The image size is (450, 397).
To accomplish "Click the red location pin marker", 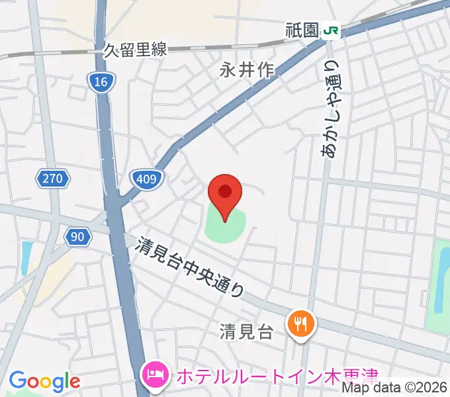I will (x=225, y=194).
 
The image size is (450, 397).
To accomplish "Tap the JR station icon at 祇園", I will (x=331, y=30).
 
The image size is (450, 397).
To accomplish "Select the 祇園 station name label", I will (x=302, y=30).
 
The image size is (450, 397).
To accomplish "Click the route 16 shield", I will (x=101, y=82).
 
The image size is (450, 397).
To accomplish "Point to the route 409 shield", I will (x=143, y=178).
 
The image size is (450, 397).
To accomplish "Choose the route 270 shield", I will (x=51, y=178).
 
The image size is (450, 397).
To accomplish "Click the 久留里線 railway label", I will (x=136, y=50).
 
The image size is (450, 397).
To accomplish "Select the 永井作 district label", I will (x=247, y=70).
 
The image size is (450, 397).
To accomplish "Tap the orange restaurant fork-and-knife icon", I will (x=301, y=324).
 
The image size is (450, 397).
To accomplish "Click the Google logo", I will (x=44, y=380).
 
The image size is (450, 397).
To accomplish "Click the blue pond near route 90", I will (x=26, y=258).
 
